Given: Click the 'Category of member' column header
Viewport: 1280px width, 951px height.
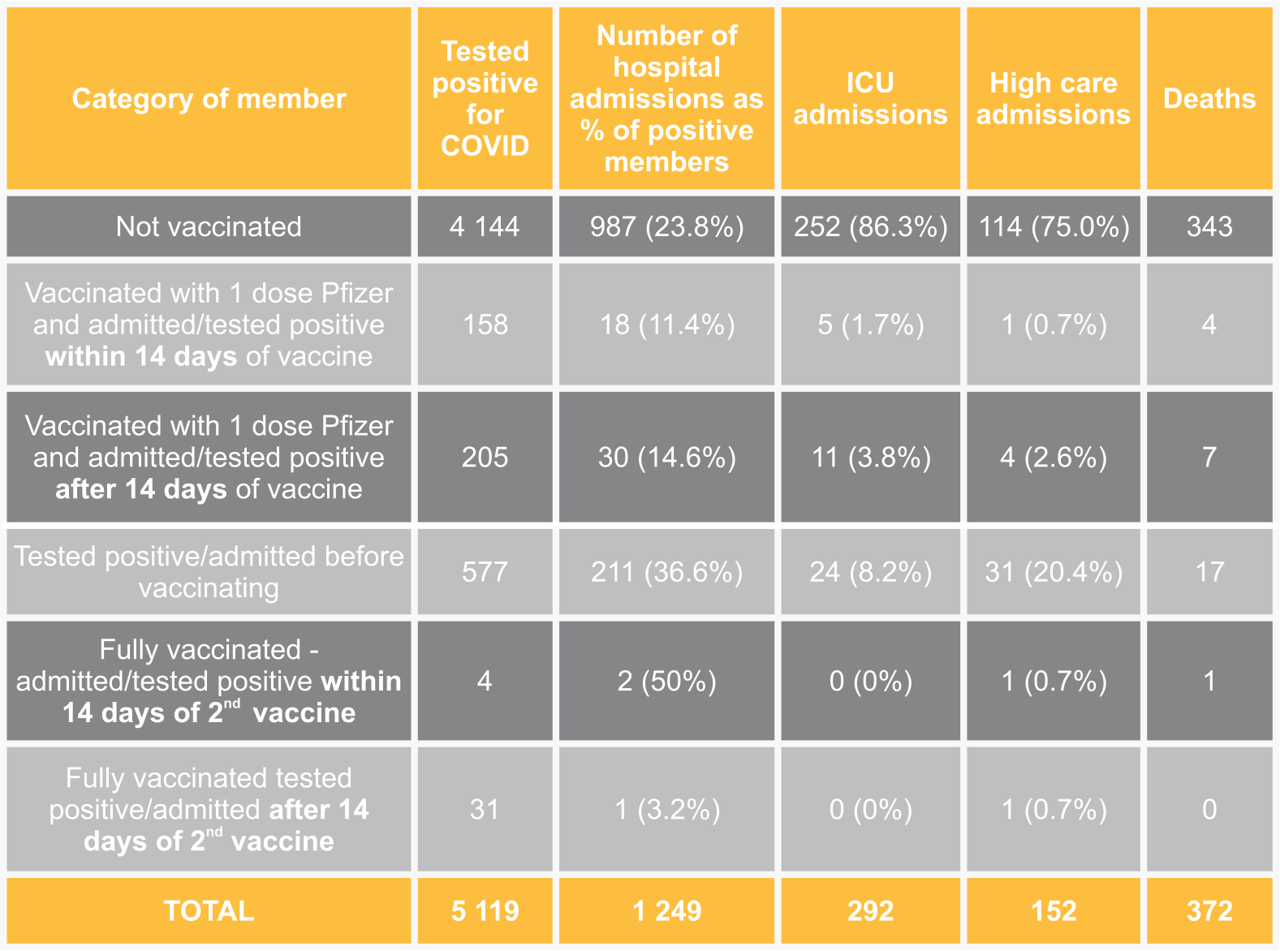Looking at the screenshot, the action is [209, 99].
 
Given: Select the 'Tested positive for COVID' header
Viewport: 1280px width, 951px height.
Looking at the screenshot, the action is [485, 99].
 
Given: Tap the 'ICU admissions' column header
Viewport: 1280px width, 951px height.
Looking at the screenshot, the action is [870, 99].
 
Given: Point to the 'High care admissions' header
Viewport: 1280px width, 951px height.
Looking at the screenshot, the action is [1054, 99].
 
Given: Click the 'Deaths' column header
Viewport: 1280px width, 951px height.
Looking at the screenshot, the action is [1209, 99].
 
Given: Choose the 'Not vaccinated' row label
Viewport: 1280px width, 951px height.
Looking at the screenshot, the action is [209, 226].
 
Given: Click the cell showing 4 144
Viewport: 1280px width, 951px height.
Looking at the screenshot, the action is [485, 226].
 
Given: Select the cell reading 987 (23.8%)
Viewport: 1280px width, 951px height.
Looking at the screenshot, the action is [666, 226].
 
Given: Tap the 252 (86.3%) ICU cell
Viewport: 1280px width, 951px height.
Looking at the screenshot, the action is [870, 226].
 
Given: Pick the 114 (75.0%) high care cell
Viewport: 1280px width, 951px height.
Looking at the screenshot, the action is [1054, 226].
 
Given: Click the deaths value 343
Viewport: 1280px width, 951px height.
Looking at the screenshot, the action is [1209, 226].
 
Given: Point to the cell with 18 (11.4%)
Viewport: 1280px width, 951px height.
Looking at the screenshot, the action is [666, 325].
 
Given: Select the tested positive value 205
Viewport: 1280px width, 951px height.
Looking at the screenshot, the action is [485, 457].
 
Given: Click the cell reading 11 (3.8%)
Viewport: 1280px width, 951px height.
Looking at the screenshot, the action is [870, 457].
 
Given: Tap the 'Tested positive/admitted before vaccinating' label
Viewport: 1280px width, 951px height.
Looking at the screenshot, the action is [209, 572].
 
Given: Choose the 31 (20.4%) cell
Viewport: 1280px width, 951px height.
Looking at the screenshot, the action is [1054, 572].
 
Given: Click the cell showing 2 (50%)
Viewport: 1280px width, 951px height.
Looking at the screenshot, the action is [666, 681].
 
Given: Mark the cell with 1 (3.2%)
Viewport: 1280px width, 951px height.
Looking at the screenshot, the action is [666, 809].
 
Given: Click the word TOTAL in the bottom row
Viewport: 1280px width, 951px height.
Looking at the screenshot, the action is [209, 910].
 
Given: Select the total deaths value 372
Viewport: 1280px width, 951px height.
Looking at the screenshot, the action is [1209, 910].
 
